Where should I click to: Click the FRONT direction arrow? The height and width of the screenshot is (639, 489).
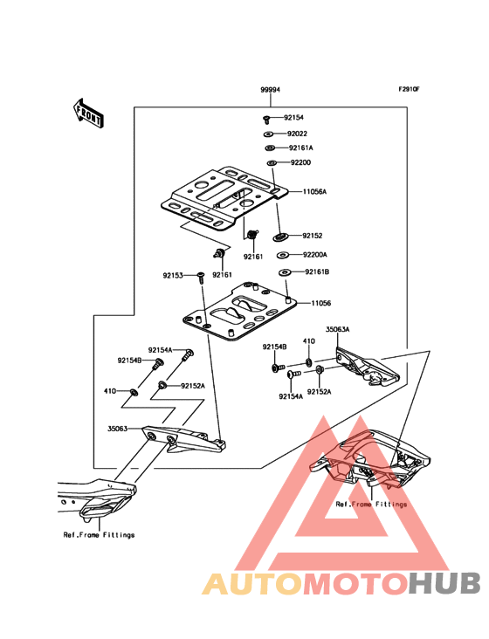[88, 113]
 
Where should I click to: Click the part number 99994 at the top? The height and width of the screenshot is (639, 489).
[270, 90]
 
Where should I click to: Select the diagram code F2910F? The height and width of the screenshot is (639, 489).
[410, 90]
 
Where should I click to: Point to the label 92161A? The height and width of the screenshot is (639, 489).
[300, 148]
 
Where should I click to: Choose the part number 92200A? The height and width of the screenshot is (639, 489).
[314, 255]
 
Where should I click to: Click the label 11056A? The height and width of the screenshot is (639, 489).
[315, 191]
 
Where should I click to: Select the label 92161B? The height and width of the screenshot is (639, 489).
[317, 272]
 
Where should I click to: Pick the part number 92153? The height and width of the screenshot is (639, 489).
[172, 275]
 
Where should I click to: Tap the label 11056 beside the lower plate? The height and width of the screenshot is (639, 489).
[321, 303]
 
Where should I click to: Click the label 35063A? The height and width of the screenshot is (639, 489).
[338, 330]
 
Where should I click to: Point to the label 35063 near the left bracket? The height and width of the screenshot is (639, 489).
[118, 429]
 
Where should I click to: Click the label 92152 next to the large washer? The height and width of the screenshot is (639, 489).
[313, 236]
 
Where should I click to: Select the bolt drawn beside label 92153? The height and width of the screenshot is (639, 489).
[199, 278]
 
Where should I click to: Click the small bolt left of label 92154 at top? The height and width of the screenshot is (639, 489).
[265, 118]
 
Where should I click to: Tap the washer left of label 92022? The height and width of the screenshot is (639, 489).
[267, 134]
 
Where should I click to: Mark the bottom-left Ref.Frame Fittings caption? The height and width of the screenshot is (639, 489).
[99, 534]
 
